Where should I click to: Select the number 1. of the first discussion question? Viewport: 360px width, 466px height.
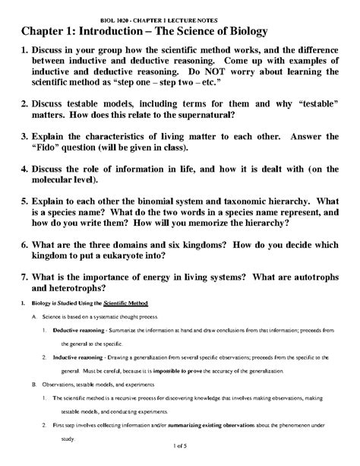(x=25, y=52)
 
